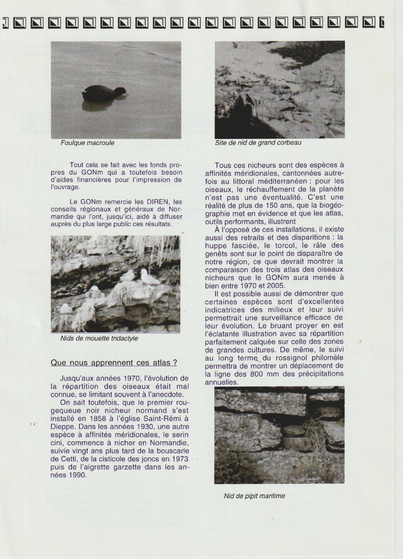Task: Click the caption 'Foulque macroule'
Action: pyautogui.click(x=87, y=143)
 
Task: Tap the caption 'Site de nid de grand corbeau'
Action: pyautogui.click(x=258, y=143)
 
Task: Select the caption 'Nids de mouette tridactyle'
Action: pyautogui.click(x=99, y=339)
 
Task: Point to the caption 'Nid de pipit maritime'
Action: pyautogui.click(x=254, y=496)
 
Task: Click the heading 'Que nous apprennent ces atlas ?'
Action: pyautogui.click(x=114, y=362)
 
